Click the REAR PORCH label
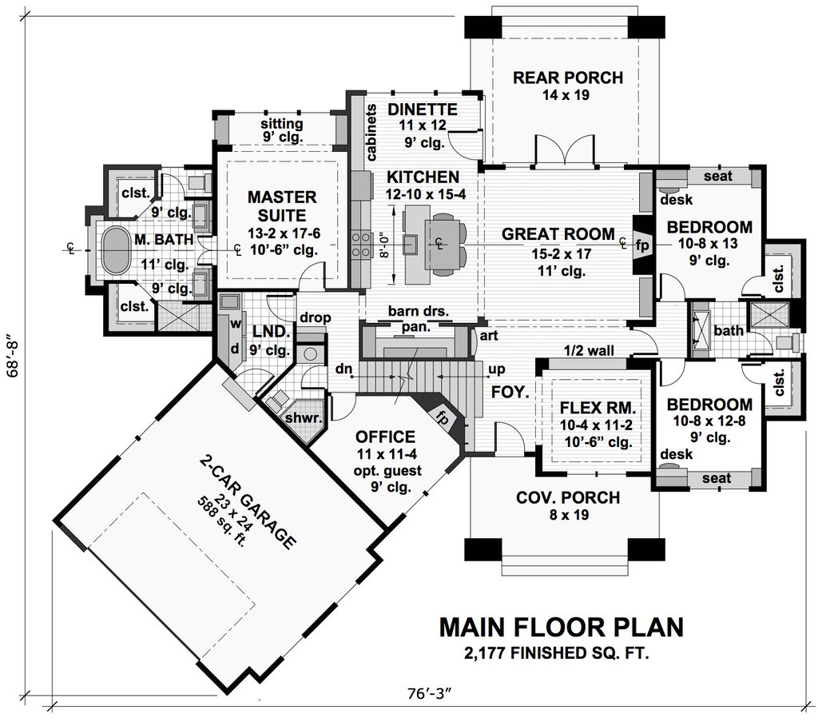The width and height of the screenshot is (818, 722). [x=567, y=78]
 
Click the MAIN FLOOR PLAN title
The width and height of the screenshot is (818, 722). [x=561, y=627]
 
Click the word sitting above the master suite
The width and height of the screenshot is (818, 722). [x=281, y=124]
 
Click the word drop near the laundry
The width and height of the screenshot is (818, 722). [x=316, y=317]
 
